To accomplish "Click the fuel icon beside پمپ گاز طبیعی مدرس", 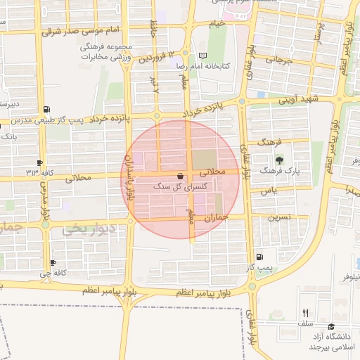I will point(46,109).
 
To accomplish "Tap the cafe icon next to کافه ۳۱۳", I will point(40,162).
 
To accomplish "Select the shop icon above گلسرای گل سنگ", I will point(181,176).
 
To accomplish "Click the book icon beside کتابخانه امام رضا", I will point(203,56).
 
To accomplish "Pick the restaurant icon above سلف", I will point(305,313).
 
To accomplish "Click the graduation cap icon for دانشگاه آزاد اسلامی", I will point(331,326).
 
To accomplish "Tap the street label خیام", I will point(217,24).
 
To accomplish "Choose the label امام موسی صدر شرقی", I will point(74,32).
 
